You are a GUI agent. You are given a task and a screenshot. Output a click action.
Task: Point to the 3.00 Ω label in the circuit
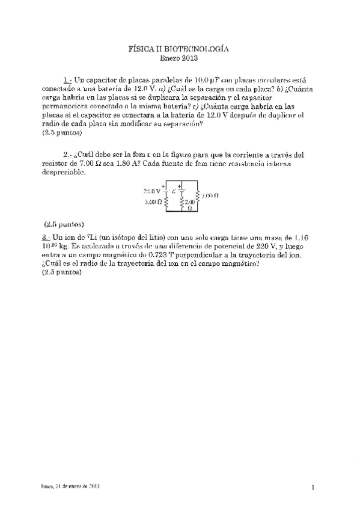(152, 203)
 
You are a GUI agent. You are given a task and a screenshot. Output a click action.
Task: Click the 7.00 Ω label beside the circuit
(210, 195)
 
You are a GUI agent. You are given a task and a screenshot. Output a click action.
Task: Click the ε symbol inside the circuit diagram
(174, 191)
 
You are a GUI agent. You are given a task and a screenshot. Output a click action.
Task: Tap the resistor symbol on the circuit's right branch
(198, 195)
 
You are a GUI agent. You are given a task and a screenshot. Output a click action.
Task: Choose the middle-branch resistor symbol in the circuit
(182, 203)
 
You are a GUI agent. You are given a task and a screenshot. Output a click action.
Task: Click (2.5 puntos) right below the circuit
(64, 223)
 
